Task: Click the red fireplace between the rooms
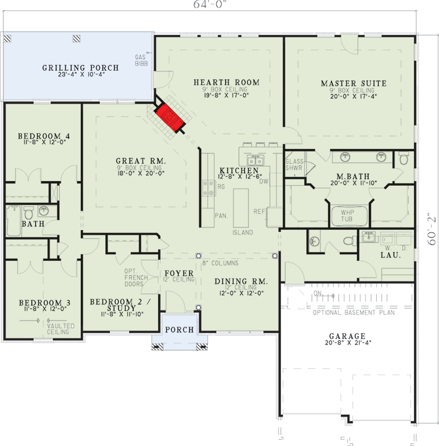[x=169, y=117]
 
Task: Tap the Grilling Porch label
[x=80, y=68]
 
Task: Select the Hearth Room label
[x=227, y=83]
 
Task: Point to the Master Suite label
[x=354, y=83]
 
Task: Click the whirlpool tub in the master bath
[x=349, y=216]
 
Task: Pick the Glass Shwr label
[x=294, y=164]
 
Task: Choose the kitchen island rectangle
[x=241, y=207]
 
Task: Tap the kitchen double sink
[x=256, y=161]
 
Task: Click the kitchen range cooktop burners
[x=208, y=188]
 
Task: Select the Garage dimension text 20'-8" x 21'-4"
[x=348, y=343]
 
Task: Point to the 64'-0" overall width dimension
[x=210, y=5]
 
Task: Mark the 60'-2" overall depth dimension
[x=432, y=229]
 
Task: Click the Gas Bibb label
[x=141, y=60]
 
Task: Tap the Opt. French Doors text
[x=136, y=278]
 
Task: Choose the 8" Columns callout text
[x=221, y=263]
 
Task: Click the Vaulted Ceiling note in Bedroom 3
[x=61, y=329]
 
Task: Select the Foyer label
[x=179, y=273]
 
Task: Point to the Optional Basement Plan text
[x=354, y=313]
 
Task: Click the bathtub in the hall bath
[x=13, y=221]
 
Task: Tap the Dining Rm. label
[x=241, y=282]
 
